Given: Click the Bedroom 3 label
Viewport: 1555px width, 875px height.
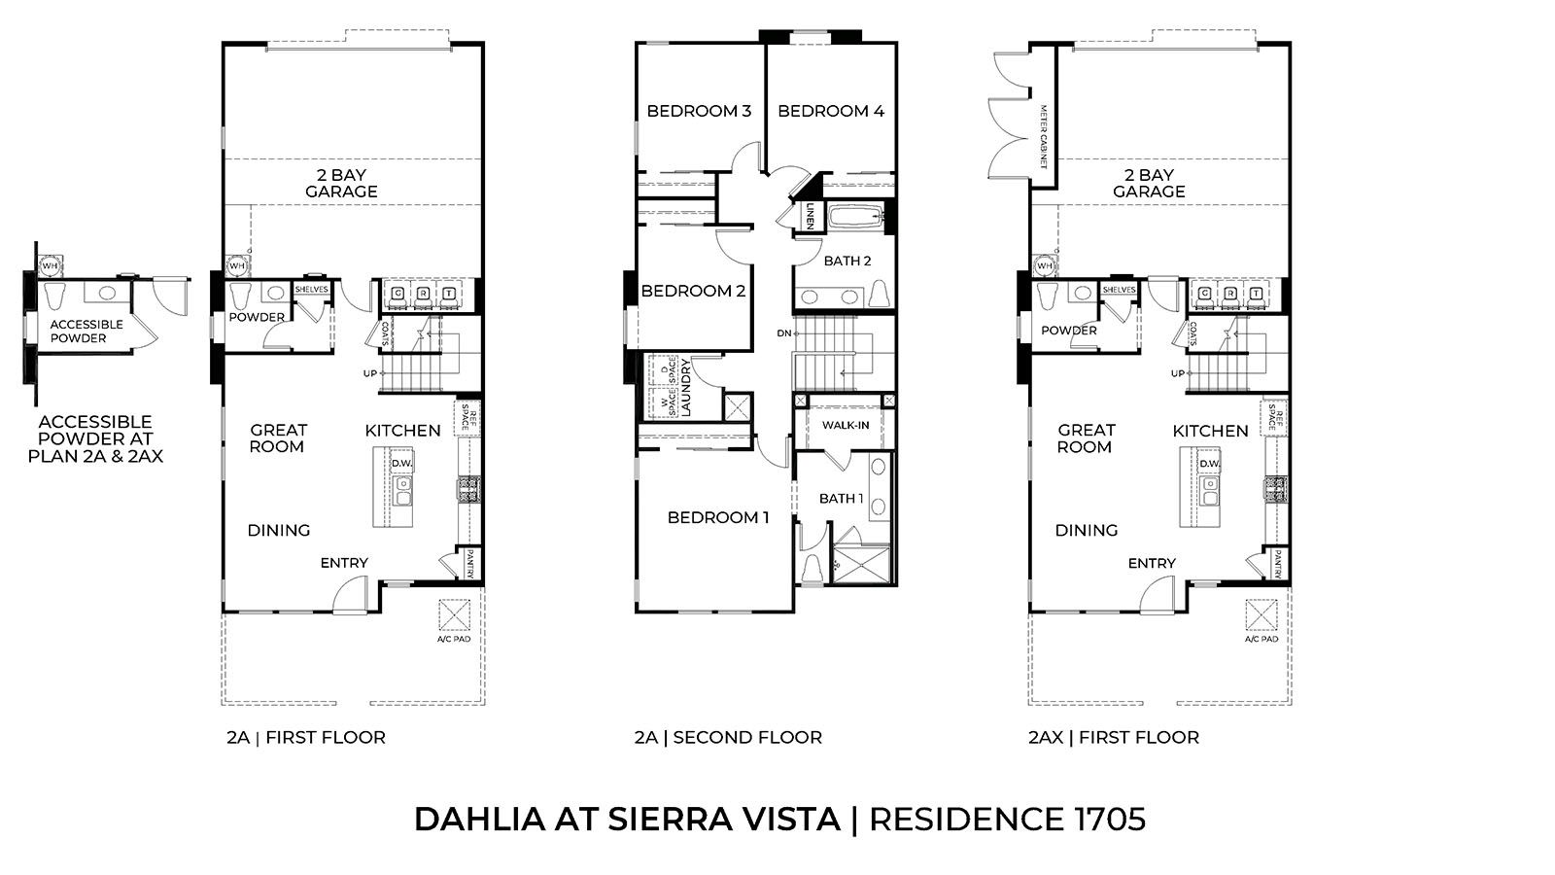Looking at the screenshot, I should coord(699,111).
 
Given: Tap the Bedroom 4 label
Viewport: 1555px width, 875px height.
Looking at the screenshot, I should coord(831,111).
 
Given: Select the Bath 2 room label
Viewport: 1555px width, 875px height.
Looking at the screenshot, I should coord(847,261).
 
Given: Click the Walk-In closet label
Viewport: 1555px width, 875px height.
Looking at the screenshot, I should coord(846,426).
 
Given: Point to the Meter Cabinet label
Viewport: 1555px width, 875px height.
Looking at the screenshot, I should coord(1044,135).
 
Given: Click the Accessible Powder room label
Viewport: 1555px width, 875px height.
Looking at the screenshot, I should coord(86,332).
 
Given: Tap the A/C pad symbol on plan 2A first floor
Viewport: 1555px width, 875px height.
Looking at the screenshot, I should coord(454,615).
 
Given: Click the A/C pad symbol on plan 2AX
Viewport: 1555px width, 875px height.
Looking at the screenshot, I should coord(1261,615).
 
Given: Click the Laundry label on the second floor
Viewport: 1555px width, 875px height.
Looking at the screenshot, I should coord(686,389).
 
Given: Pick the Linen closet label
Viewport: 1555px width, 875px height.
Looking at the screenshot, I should coord(810,217).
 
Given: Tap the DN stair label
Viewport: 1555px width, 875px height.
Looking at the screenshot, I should coord(783,332).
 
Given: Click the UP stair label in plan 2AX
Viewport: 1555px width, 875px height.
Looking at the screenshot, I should coord(1178,373).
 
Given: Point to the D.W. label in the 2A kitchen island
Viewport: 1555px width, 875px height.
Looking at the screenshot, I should coord(401,464).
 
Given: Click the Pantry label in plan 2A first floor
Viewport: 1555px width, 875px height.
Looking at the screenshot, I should coord(469,565).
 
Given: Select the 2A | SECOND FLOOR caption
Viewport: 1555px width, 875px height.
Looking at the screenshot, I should coord(728,737).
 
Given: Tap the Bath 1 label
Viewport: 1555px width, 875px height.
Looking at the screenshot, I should coord(841,499).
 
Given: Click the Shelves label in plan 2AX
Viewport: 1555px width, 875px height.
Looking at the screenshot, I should coord(1120,290).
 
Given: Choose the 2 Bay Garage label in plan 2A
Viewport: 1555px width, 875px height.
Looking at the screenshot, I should coord(341,184).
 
